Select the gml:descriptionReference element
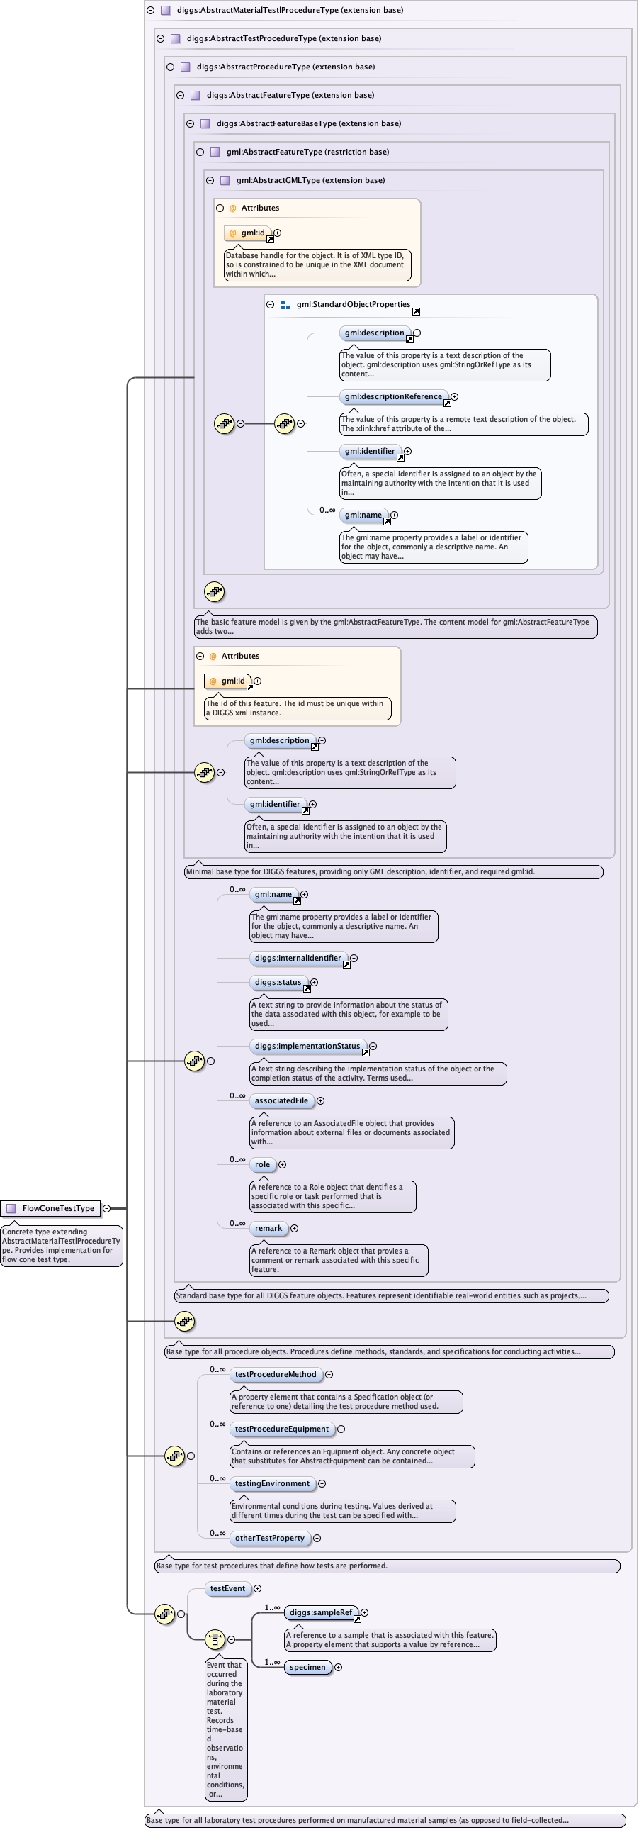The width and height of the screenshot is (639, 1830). pyautogui.click(x=393, y=396)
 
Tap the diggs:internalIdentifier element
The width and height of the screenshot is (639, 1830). pyautogui.click(x=298, y=959)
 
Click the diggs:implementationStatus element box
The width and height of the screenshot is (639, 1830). pyautogui.click(x=307, y=1047)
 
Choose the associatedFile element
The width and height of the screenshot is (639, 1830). pyautogui.click(x=281, y=1101)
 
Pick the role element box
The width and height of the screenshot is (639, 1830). pyautogui.click(x=262, y=1164)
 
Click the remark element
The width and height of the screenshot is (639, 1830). pyautogui.click(x=268, y=1228)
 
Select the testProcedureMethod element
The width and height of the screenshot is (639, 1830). pyautogui.click(x=276, y=1375)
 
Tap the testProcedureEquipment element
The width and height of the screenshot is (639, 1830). pyautogui.click(x=282, y=1429)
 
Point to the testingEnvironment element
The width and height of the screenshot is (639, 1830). pyautogui.click(x=273, y=1484)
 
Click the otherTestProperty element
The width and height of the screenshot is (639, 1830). pyautogui.click(x=270, y=1539)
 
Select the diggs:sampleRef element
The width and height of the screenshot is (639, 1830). pyautogui.click(x=321, y=1613)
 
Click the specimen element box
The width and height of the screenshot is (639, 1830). pyautogui.click(x=307, y=1668)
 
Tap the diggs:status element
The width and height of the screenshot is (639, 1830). pyautogui.click(x=278, y=983)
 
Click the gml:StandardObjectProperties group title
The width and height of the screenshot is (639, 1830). pyautogui.click(x=353, y=305)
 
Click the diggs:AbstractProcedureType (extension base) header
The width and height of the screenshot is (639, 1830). pyautogui.click(x=285, y=67)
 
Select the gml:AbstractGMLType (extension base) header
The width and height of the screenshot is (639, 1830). pyautogui.click(x=310, y=180)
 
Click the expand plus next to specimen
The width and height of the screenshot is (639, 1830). pyautogui.click(x=339, y=1668)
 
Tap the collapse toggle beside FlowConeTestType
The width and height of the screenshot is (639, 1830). pyautogui.click(x=106, y=1208)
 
